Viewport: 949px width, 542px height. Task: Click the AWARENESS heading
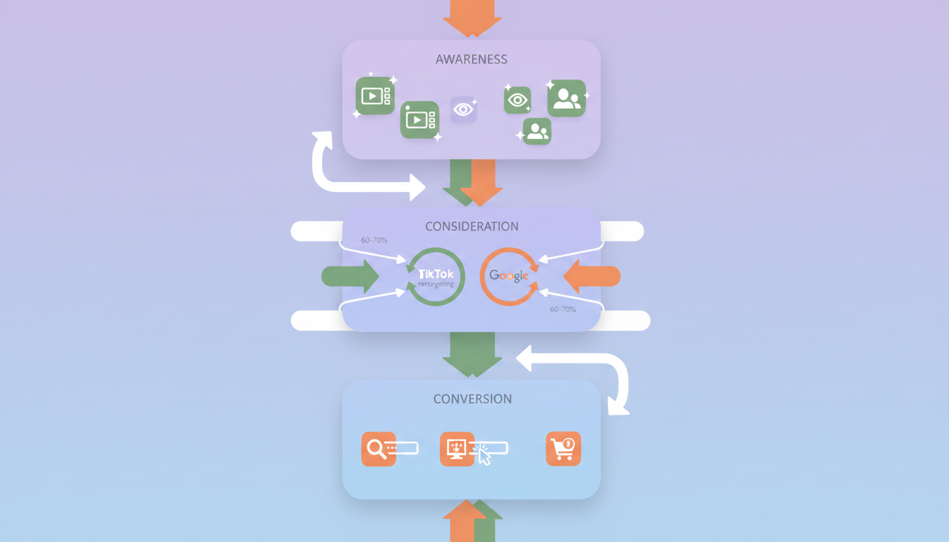coord(471,59)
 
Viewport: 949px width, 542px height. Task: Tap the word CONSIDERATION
coord(472,227)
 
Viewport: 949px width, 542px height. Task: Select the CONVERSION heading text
coord(472,399)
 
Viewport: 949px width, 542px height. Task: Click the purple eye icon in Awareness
coord(463,109)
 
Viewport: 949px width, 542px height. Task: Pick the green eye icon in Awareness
coord(518,100)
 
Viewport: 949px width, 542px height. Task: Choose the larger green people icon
coord(566,98)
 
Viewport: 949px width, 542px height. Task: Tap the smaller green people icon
coord(537,131)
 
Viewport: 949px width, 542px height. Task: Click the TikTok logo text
coord(436,274)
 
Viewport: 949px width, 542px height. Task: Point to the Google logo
coord(508,276)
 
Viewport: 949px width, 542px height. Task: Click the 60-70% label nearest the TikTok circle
coord(374,240)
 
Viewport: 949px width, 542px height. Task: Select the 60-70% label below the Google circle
coord(563,309)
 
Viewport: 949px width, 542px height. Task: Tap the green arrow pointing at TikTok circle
coord(350,276)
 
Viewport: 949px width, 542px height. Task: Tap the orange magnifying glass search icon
coord(378,449)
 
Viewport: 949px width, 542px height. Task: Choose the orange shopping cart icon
coord(563,449)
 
